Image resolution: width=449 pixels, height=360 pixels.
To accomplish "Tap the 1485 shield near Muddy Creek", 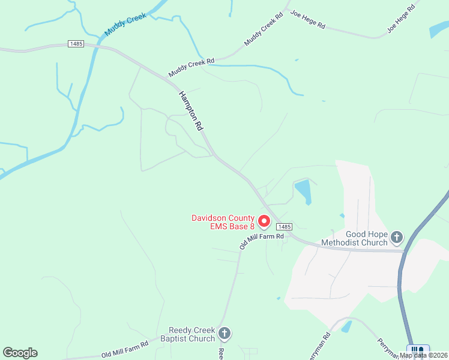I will [x=76, y=44].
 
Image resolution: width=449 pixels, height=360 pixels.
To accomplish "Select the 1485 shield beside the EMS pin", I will [x=285, y=227].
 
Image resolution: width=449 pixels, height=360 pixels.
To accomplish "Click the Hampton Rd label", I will [x=191, y=112].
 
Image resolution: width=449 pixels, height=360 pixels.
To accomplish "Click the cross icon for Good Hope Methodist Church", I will [x=397, y=238].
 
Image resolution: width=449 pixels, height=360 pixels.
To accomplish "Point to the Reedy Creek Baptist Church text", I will [x=191, y=334].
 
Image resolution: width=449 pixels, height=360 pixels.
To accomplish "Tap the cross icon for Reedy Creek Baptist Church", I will [x=224, y=333].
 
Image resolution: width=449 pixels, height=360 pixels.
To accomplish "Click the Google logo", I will [x=20, y=353].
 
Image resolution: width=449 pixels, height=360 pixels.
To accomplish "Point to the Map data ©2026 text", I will [x=424, y=355].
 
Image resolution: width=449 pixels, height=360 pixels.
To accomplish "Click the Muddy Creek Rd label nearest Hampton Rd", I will [x=191, y=67].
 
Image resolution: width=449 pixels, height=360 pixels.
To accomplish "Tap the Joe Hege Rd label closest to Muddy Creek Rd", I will [x=307, y=20].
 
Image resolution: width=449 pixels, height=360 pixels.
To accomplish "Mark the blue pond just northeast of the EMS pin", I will [x=303, y=191].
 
